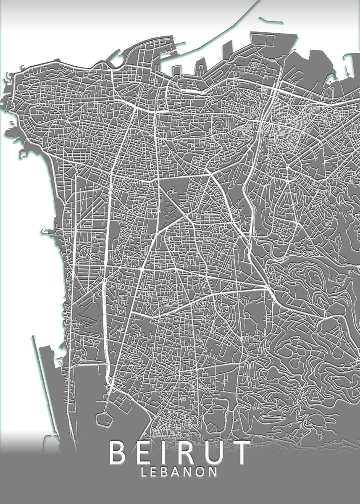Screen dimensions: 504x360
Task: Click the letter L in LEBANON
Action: (x=145, y=472)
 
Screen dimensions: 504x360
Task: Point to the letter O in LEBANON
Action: (x=201, y=472)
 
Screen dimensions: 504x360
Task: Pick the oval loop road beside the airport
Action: (x=103, y=418)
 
